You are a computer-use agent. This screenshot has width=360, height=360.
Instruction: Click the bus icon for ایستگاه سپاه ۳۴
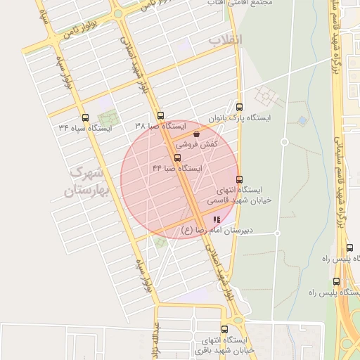[86, 117]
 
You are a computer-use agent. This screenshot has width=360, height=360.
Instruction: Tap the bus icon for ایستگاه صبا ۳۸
[161, 116]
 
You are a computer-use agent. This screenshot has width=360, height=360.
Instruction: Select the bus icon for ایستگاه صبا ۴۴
[176, 157]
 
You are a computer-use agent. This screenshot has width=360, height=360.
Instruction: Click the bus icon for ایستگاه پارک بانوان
[240, 108]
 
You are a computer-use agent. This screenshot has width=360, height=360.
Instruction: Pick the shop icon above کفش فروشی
[195, 133]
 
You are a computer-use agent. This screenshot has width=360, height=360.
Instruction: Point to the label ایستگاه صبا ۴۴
[177, 169]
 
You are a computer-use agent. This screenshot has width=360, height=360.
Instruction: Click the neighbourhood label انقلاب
[225, 39]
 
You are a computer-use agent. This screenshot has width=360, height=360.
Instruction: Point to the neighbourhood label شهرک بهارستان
[85, 182]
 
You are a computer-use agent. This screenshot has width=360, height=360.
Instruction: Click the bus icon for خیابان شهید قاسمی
[240, 179]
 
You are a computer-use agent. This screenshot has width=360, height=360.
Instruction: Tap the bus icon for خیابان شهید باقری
[225, 329]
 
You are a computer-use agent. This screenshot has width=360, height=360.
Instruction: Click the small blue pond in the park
[302, 120]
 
